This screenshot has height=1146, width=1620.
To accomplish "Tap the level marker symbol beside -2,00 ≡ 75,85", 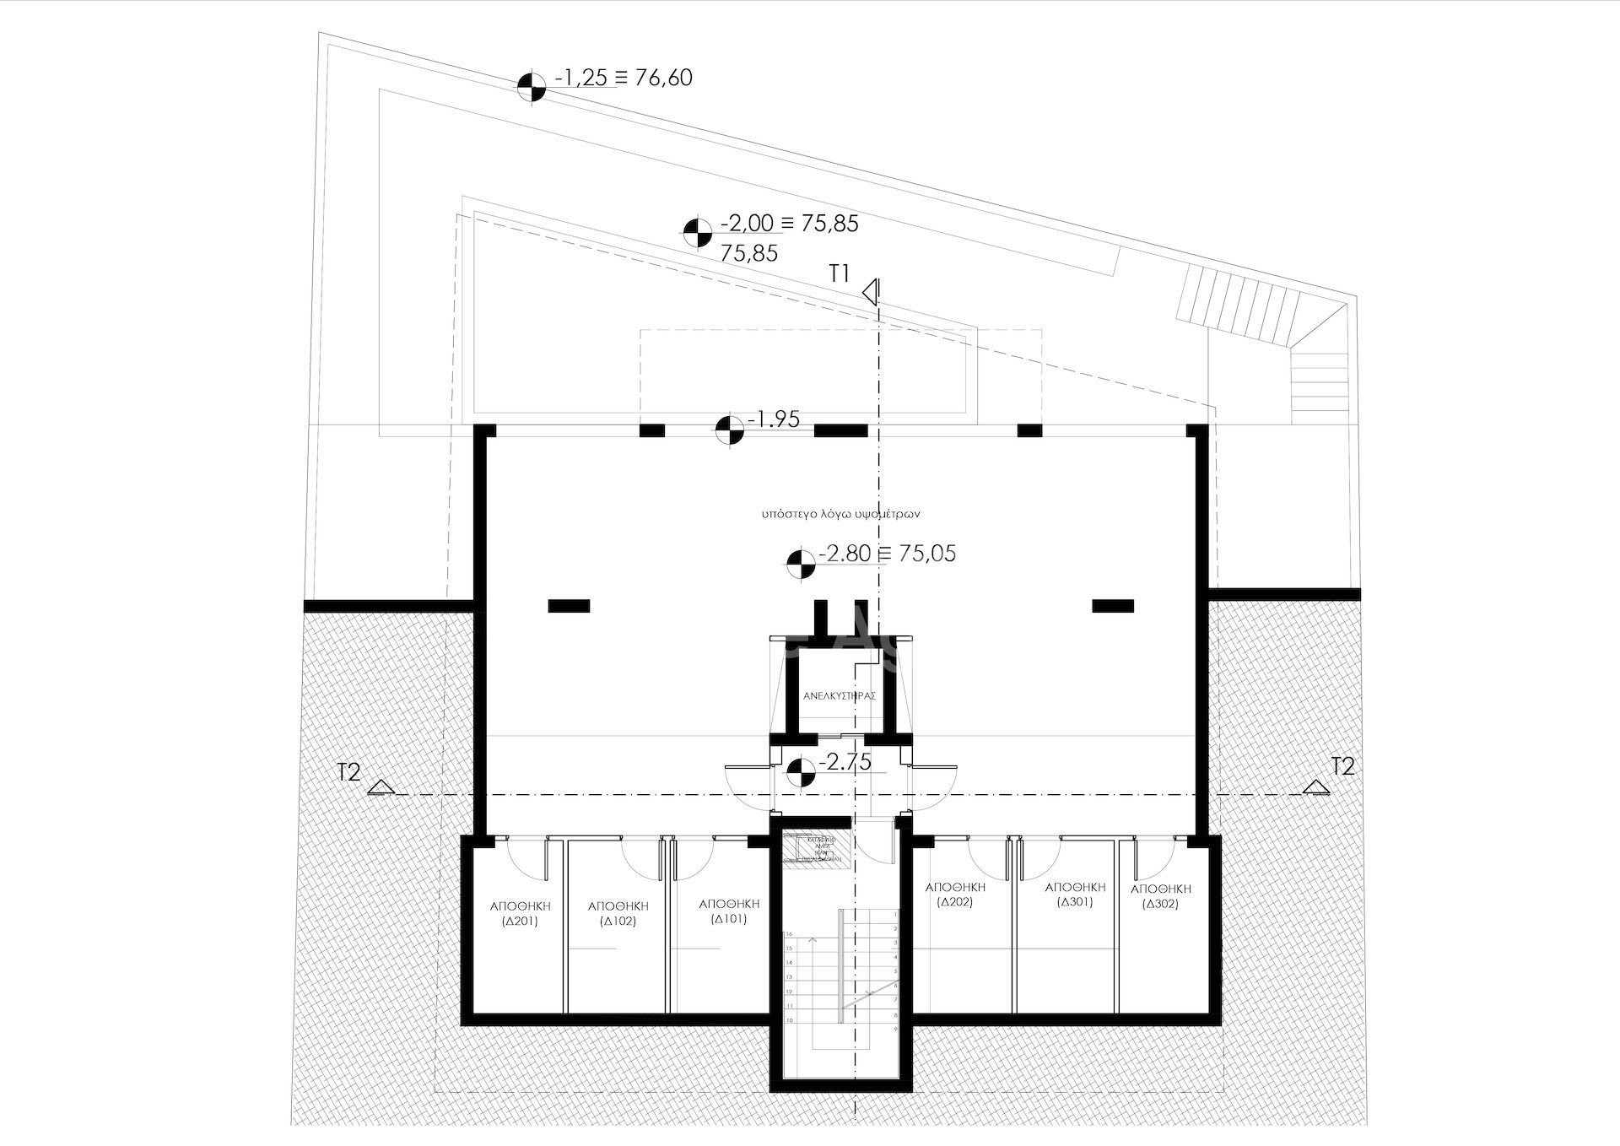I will pos(697,233).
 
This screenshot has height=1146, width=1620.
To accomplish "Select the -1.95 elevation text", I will pos(774,419).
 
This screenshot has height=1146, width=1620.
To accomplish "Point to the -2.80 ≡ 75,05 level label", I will pos(887,554).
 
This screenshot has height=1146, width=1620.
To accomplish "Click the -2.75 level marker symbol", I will pos(800,771).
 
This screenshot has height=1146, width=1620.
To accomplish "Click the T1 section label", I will pos(840,273).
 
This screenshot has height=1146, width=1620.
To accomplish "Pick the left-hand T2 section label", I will pos(348,771).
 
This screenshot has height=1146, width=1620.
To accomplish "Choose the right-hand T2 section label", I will pos(1342,766).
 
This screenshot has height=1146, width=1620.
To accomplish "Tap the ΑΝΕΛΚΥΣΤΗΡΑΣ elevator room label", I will pos(839,696).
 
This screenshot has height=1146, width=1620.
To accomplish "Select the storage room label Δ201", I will pos(520,913).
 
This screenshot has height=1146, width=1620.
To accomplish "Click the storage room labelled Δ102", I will pos(618,913).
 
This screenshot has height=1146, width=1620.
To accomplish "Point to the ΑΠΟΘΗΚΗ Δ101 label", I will pos(729,911).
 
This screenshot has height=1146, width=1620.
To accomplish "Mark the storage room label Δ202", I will pos(955,895).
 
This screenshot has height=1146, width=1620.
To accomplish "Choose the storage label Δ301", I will pos(1075,895).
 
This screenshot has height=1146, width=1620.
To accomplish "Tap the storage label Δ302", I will pos(1160,896).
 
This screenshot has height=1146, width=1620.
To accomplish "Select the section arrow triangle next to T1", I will pos(872,293).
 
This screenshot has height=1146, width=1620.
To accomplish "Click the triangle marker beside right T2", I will pos(1314,787).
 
